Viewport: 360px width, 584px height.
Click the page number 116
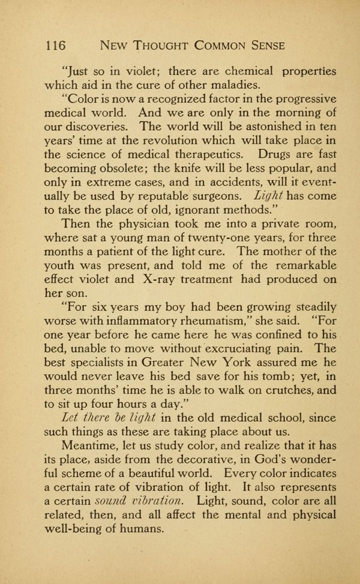point(55,45)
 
